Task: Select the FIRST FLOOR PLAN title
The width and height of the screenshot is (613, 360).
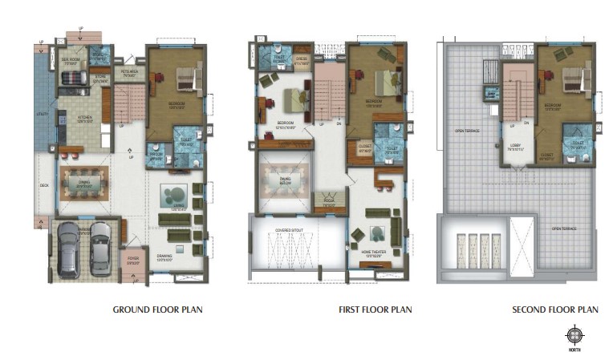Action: (x=375, y=309)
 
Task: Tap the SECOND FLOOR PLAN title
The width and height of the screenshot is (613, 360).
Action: (x=555, y=309)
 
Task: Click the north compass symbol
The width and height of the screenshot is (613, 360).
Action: (x=575, y=335)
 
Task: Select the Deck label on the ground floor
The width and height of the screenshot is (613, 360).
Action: (x=44, y=185)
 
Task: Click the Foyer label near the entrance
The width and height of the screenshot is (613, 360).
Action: (x=133, y=259)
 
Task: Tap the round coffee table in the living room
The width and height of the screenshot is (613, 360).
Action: (x=173, y=194)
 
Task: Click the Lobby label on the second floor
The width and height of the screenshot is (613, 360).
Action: (x=514, y=147)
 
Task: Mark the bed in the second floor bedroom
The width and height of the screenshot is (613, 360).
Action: (x=576, y=79)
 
